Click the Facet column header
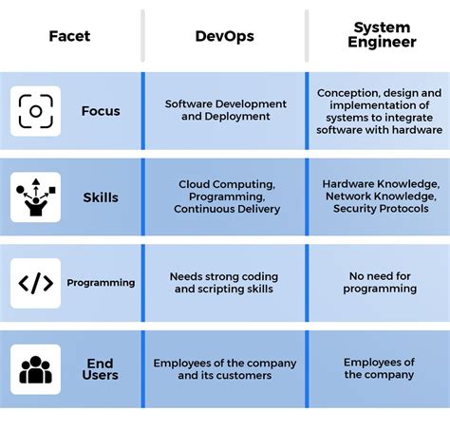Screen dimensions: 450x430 [x=69, y=36]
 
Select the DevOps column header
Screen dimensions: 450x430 [x=225, y=36]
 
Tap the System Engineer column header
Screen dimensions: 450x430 [x=382, y=35]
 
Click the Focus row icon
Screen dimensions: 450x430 [x=35, y=111]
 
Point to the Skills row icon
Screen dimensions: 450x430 [x=35, y=197]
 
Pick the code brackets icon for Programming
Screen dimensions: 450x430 [x=35, y=283]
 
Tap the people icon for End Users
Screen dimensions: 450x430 [x=35, y=369]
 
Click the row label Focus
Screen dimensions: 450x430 [x=101, y=111]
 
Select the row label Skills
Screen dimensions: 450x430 [x=101, y=197]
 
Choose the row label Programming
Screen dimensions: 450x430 [x=101, y=283]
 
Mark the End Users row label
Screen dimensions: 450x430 [x=101, y=369]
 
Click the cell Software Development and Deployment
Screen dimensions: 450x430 [x=226, y=110]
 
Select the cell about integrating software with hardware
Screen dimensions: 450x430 [x=380, y=111]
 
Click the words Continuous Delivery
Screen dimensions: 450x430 [x=227, y=209]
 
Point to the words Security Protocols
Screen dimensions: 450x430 [x=381, y=209]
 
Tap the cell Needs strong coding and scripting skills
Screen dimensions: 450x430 [x=224, y=283]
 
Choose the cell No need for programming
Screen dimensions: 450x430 [x=380, y=282]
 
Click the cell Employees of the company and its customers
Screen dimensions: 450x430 [x=225, y=369]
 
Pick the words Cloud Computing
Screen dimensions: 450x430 [x=227, y=184]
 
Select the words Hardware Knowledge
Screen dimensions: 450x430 [x=381, y=184]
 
